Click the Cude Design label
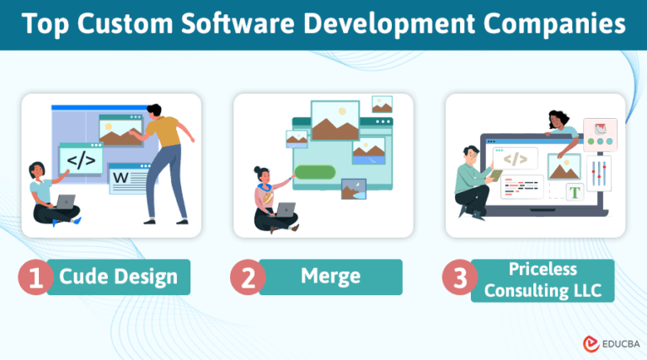pos(118,277)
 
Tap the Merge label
pos(330,277)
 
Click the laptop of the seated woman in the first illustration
pos(64,201)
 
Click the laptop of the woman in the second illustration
pos(286,210)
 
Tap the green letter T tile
pos(575,191)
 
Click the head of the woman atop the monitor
pos(558,119)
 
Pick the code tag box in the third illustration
pos(516,159)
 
